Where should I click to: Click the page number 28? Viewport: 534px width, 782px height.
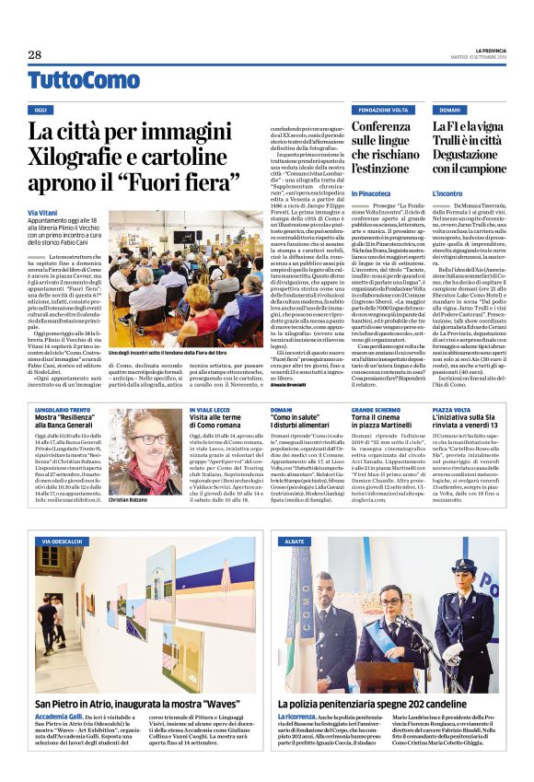(x=34, y=55)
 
